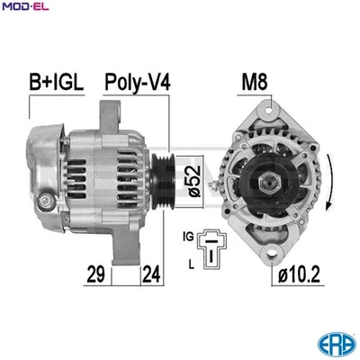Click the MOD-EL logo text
click(x=27, y=7)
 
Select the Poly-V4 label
click(x=138, y=84)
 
